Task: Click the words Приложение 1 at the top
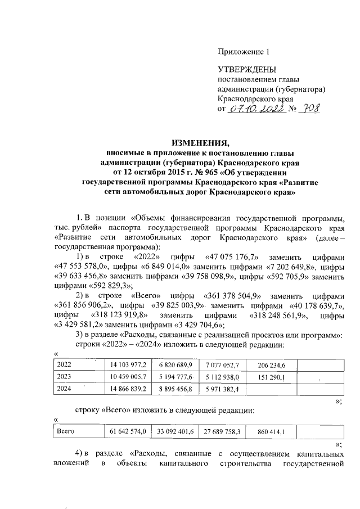point(244,52)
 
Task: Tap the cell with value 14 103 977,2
point(129,364)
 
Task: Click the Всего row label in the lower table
point(67,431)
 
